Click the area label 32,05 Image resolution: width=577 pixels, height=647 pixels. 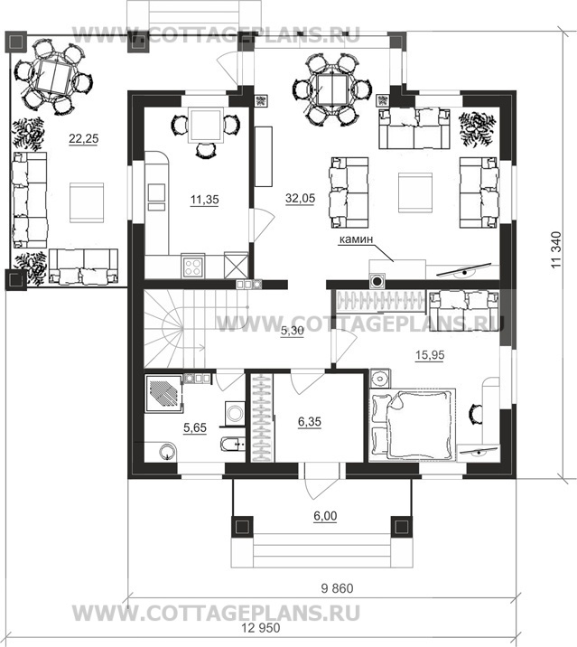pyautogui.click(x=300, y=199)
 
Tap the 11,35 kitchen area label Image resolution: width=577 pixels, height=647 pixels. pyautogui.click(x=205, y=200)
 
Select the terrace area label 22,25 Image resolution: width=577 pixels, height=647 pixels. pyautogui.click(x=84, y=139)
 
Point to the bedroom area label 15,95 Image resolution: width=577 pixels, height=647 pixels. pyautogui.click(x=430, y=355)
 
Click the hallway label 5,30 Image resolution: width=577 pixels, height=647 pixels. pyautogui.click(x=292, y=331)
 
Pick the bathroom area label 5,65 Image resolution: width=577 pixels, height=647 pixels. pyautogui.click(x=195, y=428)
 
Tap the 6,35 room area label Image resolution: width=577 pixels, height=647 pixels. pyautogui.click(x=310, y=422)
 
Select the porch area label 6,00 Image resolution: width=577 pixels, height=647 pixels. pyautogui.click(x=325, y=516)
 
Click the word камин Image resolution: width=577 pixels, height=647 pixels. pyautogui.click(x=356, y=239)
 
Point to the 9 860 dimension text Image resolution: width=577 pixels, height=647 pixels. pyautogui.click(x=337, y=588)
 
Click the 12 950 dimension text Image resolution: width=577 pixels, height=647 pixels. pyautogui.click(x=261, y=628)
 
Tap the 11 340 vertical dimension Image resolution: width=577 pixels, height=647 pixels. pyautogui.click(x=556, y=250)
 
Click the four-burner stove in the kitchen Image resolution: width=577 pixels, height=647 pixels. pyautogui.click(x=192, y=267)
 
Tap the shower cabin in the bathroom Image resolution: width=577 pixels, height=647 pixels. pyautogui.click(x=163, y=393)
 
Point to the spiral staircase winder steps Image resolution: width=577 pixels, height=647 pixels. pyautogui.click(x=164, y=329)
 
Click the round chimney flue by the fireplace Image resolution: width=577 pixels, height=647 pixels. pyautogui.click(x=377, y=281)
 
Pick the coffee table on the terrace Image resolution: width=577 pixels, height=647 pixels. pyautogui.click(x=87, y=202)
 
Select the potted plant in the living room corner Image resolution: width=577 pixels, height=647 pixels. pyautogui.click(x=477, y=128)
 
